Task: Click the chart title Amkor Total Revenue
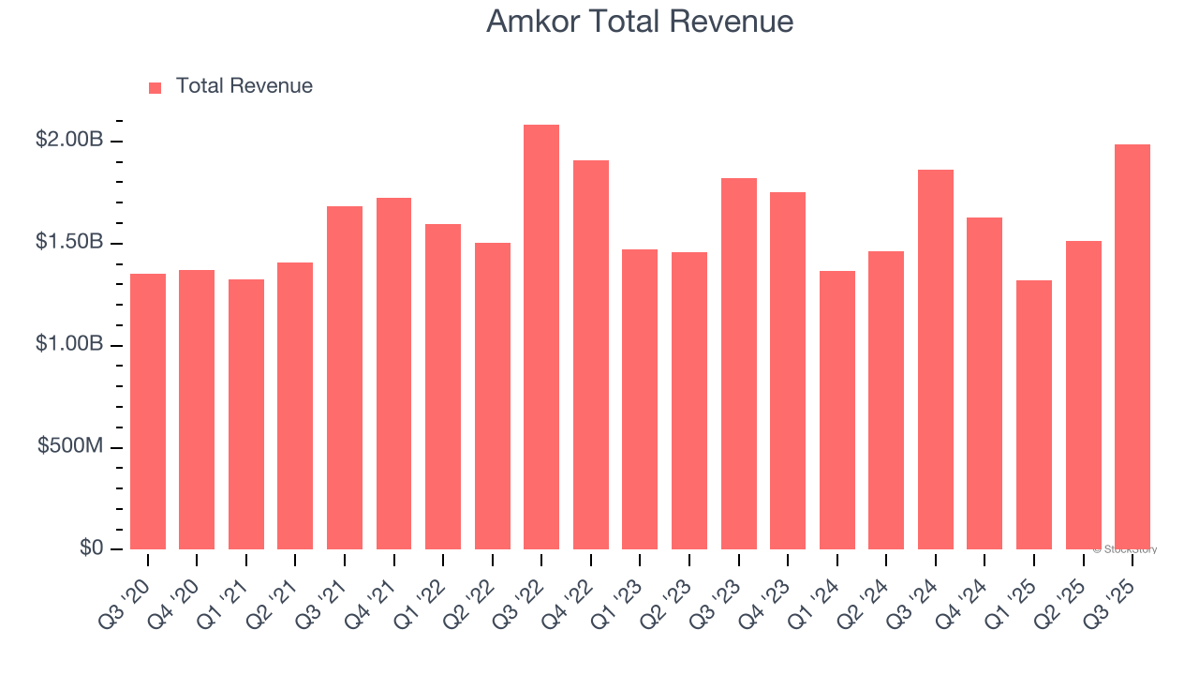[x=640, y=22]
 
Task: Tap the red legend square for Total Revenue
[x=155, y=87]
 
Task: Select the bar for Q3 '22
[x=541, y=337]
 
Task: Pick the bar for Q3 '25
[x=1132, y=347]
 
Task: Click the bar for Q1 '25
[x=1034, y=414]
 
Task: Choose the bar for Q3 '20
[x=148, y=412]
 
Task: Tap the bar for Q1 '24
[x=837, y=410]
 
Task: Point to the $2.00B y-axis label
[x=69, y=140]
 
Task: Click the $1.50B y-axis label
[x=69, y=242]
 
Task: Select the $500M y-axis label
[x=70, y=446]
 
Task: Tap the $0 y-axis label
[x=90, y=547]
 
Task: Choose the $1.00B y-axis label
[x=69, y=344]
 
